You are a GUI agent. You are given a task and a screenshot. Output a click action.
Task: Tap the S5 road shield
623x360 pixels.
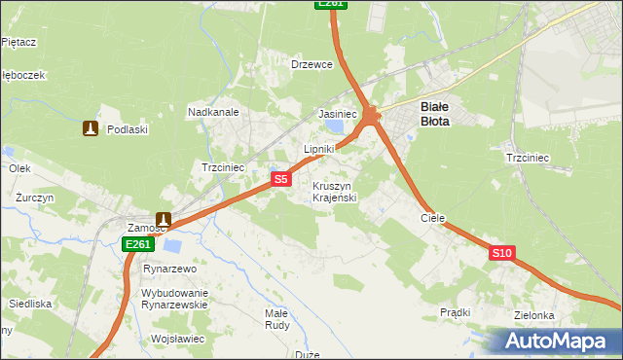[x=280, y=179]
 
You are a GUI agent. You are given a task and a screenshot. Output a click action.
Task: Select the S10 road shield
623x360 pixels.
[x=501, y=253]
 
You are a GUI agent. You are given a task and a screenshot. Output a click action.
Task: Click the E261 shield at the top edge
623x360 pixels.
[x=331, y=4]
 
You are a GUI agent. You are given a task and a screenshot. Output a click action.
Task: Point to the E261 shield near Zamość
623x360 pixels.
[x=138, y=245]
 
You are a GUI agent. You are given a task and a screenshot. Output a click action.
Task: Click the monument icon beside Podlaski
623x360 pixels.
[x=91, y=128]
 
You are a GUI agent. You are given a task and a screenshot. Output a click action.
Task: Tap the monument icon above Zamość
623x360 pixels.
[x=164, y=221]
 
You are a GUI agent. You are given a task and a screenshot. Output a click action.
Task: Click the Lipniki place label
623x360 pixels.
[x=319, y=149]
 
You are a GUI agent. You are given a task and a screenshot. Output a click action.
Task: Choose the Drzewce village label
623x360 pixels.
[x=312, y=64]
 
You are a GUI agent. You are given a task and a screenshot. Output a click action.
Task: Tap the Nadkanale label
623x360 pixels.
[x=213, y=112]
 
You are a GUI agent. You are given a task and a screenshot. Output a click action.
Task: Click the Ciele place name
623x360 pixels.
[x=432, y=219]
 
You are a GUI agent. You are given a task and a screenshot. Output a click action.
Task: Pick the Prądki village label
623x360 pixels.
[x=455, y=312]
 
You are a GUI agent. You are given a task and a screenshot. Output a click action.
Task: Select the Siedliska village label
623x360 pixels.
[x=31, y=304]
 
